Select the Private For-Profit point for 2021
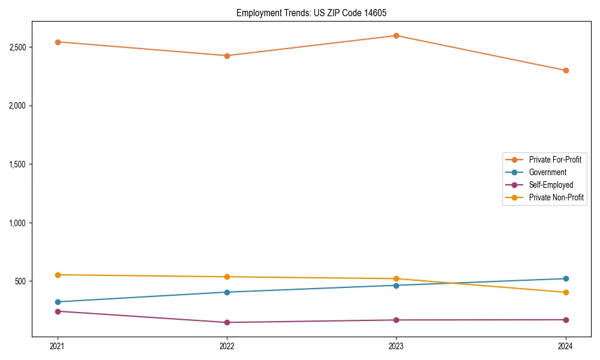[x=58, y=42]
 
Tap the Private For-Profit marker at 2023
[x=397, y=36]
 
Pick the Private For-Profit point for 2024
[x=566, y=70]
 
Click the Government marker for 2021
[x=58, y=302]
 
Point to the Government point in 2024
[x=566, y=278]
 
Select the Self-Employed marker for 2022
[x=227, y=322]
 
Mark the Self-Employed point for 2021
[x=58, y=311]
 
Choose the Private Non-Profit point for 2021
[x=58, y=275]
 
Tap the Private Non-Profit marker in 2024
[x=566, y=292]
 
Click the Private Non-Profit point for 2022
[x=227, y=277]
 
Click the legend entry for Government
[x=547, y=172]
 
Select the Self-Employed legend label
[x=551, y=185]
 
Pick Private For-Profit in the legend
[x=554, y=160]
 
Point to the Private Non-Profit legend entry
[x=556, y=197]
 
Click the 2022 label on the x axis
[x=227, y=346]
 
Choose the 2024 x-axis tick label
[x=566, y=346]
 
